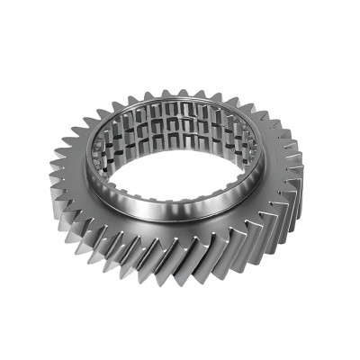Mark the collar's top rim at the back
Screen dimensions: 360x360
pyautogui.click(x=180, y=100)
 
